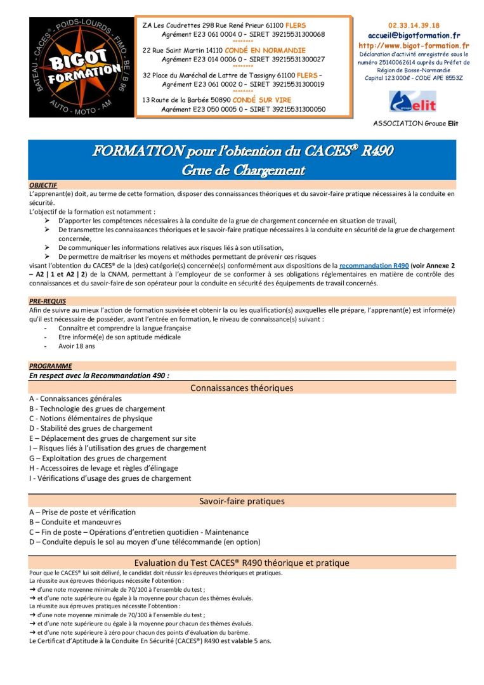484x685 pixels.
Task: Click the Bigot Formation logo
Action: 81,67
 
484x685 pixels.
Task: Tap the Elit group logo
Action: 412,101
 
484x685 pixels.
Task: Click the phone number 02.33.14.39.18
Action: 413,25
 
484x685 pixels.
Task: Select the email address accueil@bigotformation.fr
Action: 414,36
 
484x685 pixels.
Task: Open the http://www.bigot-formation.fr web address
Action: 414,46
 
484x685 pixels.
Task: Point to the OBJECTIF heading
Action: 43,185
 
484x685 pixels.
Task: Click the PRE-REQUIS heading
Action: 48,301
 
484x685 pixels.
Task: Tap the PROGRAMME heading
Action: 50,366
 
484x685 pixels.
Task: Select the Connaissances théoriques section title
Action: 242,388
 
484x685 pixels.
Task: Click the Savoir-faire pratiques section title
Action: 242,501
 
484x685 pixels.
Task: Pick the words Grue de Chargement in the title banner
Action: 243,170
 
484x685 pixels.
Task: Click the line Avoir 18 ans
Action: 76,346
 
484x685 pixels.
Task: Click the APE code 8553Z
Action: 452,78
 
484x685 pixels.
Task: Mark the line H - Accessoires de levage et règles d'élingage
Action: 103,468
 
